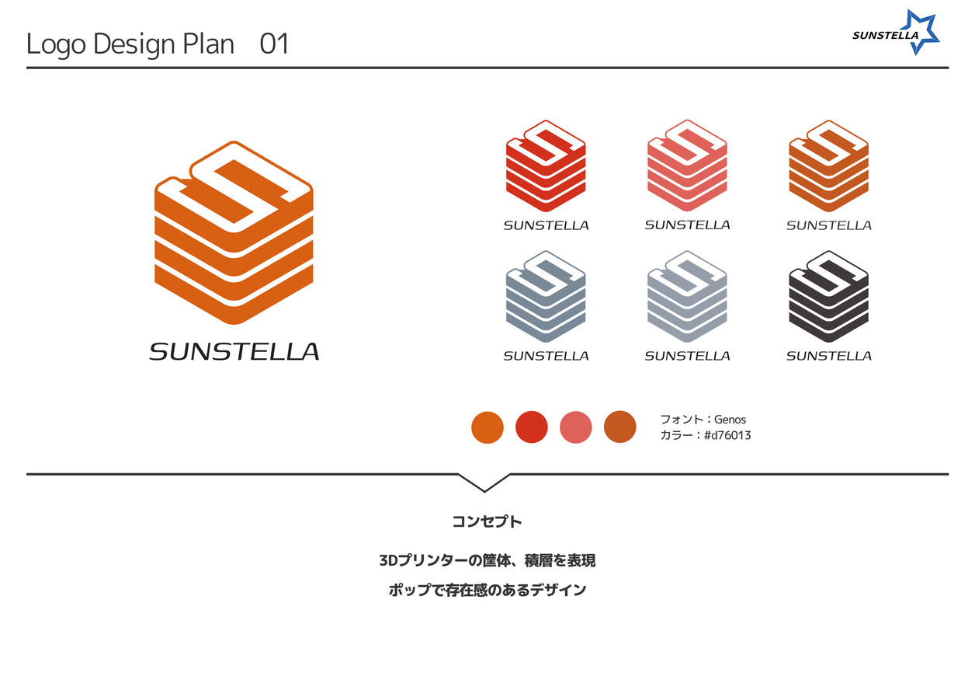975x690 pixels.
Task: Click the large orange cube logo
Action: click(x=234, y=233)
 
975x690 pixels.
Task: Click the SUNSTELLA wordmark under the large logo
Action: click(x=234, y=352)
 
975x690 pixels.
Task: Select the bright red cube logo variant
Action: click(x=546, y=166)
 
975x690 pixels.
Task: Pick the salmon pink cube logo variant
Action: click(x=687, y=166)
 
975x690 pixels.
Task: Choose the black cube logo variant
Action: click(x=828, y=296)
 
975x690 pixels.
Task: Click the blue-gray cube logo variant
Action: click(x=546, y=296)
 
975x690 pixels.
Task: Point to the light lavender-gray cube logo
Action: click(x=687, y=296)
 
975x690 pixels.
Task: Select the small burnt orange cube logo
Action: click(x=828, y=166)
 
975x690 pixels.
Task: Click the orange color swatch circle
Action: click(x=487, y=427)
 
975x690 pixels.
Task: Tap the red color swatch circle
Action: click(x=532, y=427)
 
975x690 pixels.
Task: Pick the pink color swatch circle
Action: click(x=576, y=427)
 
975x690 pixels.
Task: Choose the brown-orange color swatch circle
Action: click(x=620, y=427)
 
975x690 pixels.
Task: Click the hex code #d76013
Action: click(x=727, y=435)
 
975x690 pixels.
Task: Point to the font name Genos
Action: click(x=730, y=420)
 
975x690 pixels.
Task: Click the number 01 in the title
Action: click(x=274, y=44)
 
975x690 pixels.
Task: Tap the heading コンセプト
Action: click(x=487, y=521)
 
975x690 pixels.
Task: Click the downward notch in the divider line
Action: click(x=484, y=484)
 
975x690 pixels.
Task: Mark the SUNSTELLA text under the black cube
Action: click(x=828, y=356)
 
